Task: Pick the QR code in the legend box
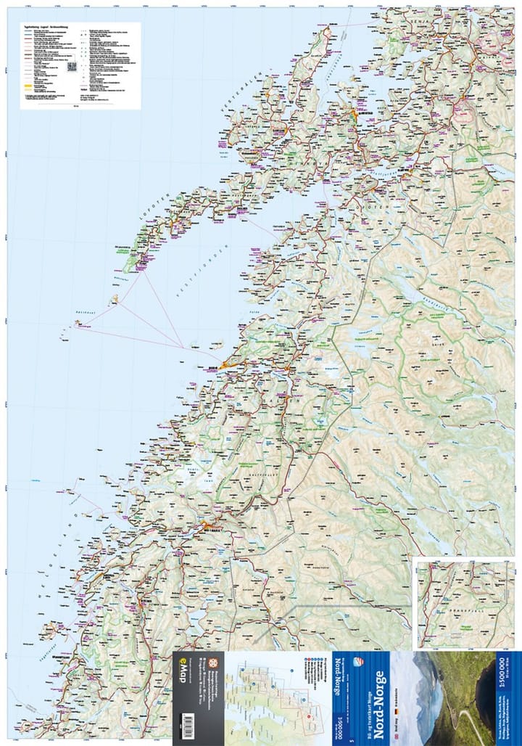[x=72, y=67]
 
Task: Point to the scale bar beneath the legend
[x=77, y=106]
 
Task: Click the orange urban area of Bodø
[x=226, y=365]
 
